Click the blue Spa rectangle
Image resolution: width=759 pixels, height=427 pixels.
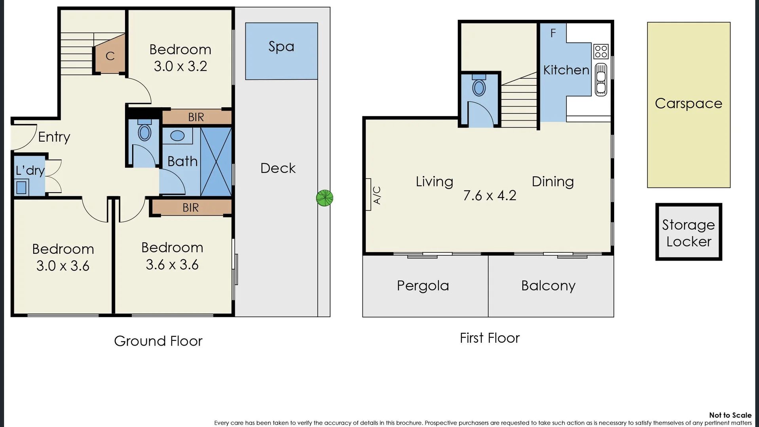click(281, 51)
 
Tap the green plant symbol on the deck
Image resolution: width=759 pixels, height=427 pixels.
click(324, 198)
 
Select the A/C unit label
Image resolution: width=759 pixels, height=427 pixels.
click(377, 195)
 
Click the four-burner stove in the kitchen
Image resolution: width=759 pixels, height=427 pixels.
click(601, 51)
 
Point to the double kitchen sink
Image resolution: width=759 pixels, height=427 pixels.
click(601, 79)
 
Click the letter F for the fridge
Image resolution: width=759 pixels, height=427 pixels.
click(553, 33)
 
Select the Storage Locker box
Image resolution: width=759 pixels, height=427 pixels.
click(689, 232)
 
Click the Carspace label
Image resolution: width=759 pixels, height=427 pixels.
click(688, 104)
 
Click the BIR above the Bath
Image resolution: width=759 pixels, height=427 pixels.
click(196, 117)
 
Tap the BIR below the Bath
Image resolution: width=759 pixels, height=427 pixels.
click(191, 208)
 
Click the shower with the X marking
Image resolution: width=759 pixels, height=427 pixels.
click(216, 162)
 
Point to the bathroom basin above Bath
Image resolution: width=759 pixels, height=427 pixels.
click(177, 136)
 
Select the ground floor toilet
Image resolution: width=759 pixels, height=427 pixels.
click(144, 131)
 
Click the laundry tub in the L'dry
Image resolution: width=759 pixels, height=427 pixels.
click(21, 187)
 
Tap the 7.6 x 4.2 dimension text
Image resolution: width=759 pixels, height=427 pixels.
click(490, 195)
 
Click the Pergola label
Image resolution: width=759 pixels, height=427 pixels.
click(423, 285)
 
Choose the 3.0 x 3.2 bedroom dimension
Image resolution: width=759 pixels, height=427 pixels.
click(180, 66)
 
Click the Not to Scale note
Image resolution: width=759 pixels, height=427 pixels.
click(730, 415)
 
